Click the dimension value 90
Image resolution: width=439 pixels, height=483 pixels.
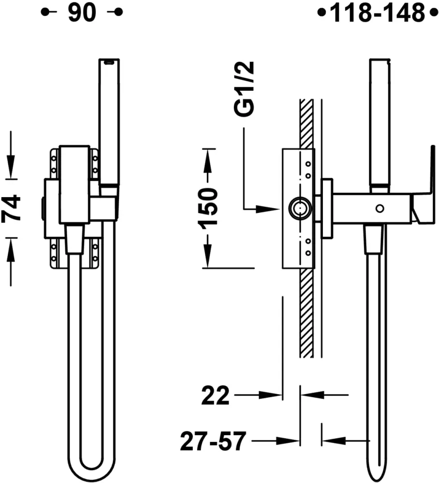tap(82, 13)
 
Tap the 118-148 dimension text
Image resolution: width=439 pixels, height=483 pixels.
tap(377, 13)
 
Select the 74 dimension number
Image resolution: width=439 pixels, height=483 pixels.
tap(12, 208)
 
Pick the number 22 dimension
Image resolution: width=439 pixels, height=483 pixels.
tap(216, 395)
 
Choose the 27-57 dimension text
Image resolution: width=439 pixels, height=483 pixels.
tap(213, 441)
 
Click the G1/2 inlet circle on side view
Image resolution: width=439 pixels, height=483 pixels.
tap(300, 209)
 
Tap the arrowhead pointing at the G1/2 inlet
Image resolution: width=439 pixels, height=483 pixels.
tap(267, 209)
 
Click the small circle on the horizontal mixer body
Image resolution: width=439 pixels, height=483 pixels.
tap(380, 209)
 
